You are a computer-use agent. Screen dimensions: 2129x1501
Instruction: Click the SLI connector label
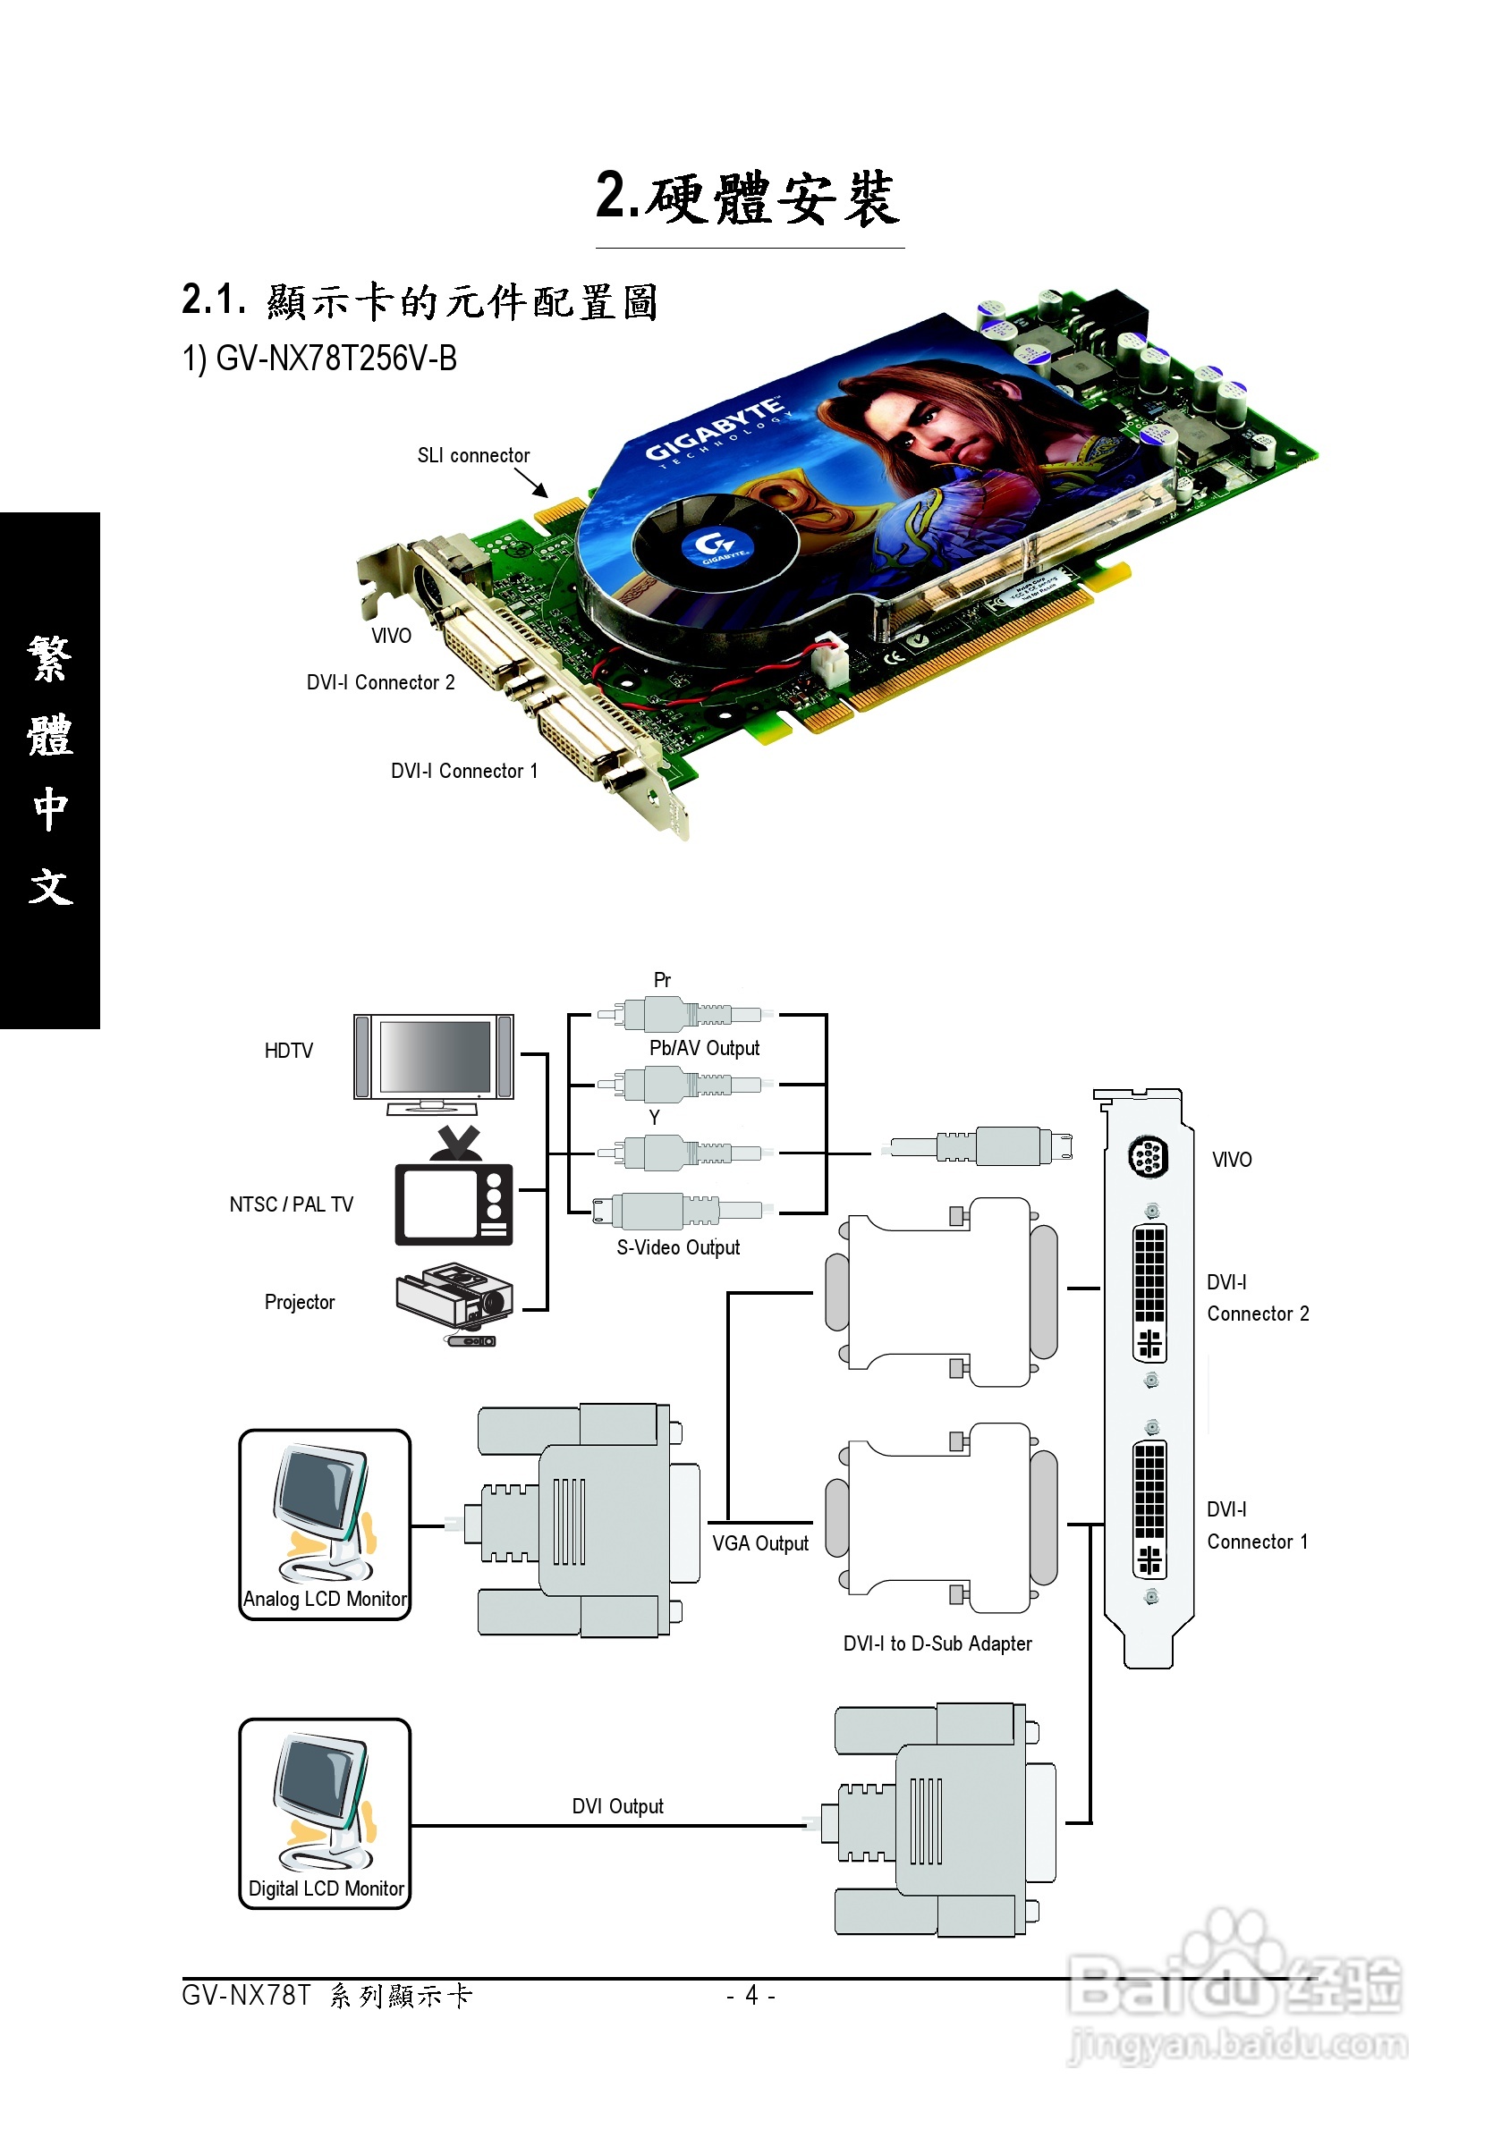pyautogui.click(x=473, y=455)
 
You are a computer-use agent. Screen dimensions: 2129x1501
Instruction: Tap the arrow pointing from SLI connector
pyautogui.click(x=531, y=483)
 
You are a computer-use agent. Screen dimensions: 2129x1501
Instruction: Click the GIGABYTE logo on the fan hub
pyautogui.click(x=716, y=546)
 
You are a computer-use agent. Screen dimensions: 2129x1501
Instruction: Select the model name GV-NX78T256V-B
pyautogui.click(x=320, y=359)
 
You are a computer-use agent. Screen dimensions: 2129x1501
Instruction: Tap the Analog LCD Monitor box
pyautogui.click(x=325, y=1525)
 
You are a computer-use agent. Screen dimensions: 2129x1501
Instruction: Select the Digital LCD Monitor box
pyautogui.click(x=325, y=1813)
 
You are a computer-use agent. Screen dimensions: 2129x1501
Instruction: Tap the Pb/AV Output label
pyautogui.click(x=704, y=1048)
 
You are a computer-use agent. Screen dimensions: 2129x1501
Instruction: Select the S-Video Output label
pyautogui.click(x=678, y=1248)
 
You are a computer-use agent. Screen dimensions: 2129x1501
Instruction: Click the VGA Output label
pyautogui.click(x=759, y=1544)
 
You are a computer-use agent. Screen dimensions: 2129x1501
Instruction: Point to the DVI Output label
pyautogui.click(x=618, y=1806)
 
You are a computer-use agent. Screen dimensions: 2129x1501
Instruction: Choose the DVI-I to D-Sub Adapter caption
pyautogui.click(x=937, y=1644)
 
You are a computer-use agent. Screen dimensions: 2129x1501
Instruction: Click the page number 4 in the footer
pyautogui.click(x=751, y=1995)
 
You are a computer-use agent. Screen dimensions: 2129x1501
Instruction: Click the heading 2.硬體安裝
pyautogui.click(x=749, y=199)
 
